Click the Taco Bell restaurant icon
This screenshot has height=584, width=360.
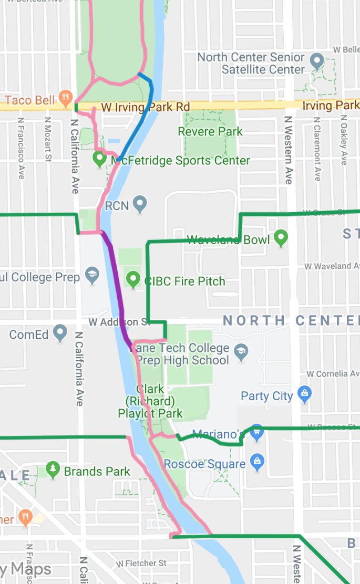[x=65, y=96]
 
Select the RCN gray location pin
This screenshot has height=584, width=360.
[x=139, y=204]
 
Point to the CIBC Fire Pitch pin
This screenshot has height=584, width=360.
[x=133, y=278]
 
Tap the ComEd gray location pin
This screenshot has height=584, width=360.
[x=60, y=333]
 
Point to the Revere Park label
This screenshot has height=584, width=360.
[x=210, y=131]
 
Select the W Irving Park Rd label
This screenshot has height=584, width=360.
[x=145, y=107]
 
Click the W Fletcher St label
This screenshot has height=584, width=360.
[x=141, y=564]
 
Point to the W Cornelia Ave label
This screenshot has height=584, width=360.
[x=334, y=374]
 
